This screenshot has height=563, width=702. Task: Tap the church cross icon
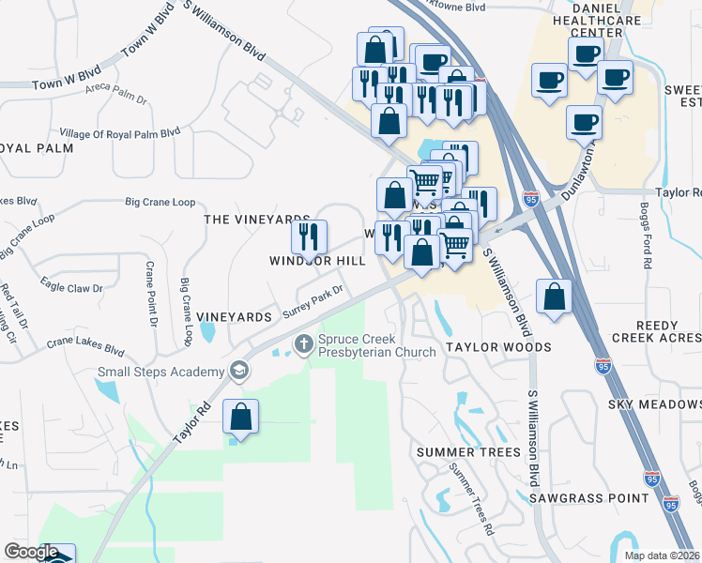pyautogui.click(x=303, y=345)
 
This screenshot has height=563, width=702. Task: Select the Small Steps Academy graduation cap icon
pyautogui.click(x=239, y=373)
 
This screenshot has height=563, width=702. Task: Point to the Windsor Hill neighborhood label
pyautogui.click(x=317, y=261)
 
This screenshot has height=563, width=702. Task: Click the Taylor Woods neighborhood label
pyautogui.click(x=498, y=347)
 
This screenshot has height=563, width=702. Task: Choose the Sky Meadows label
pyautogui.click(x=655, y=403)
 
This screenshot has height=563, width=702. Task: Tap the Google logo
pyautogui.click(x=31, y=552)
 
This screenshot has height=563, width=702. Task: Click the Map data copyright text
pyautogui.click(x=662, y=555)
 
